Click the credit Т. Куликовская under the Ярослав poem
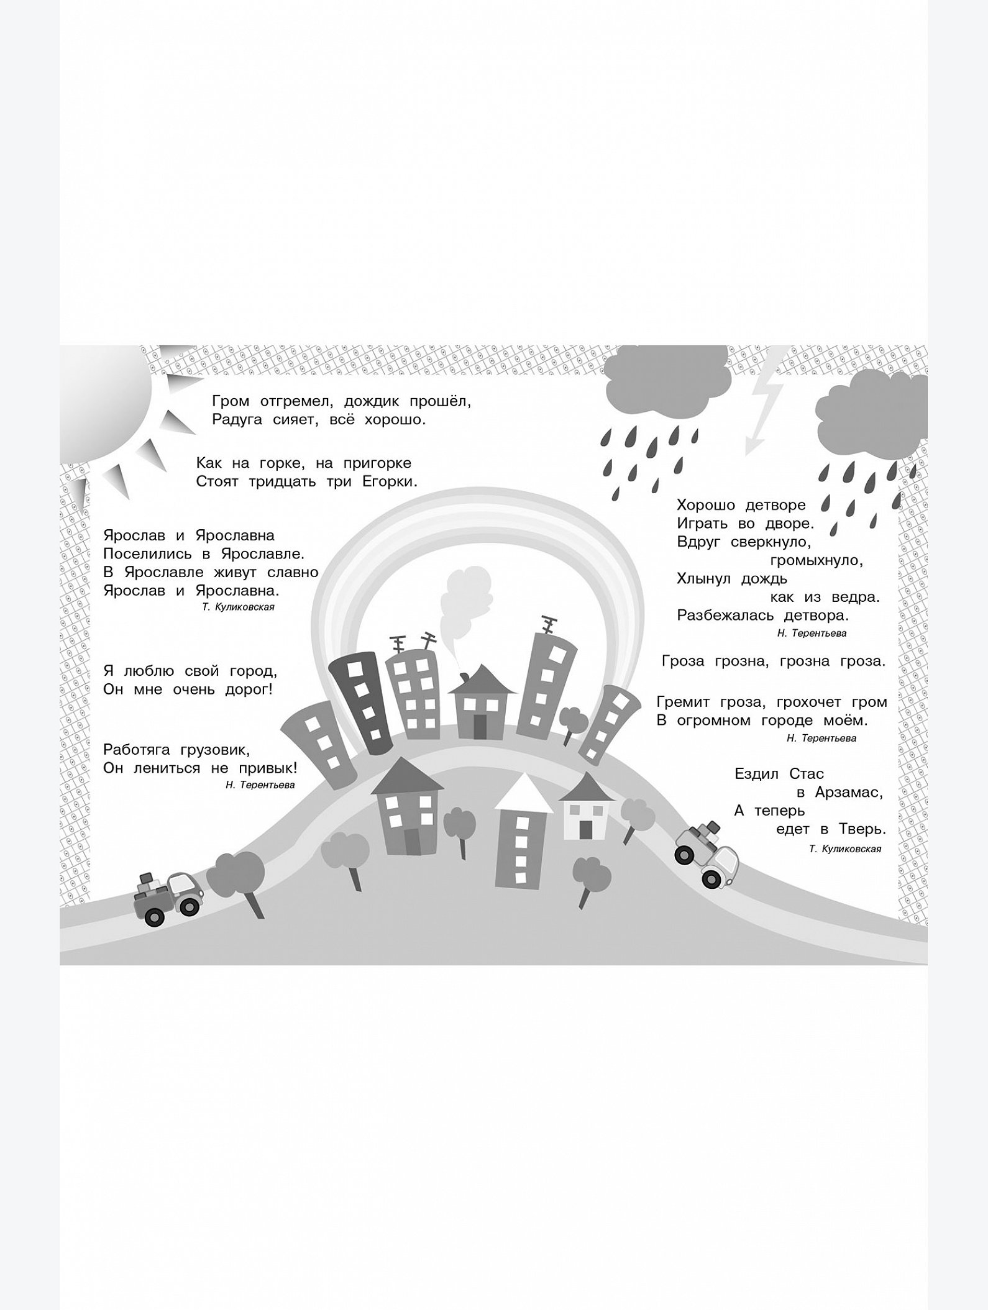click(x=238, y=607)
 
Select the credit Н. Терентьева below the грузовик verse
click(x=260, y=785)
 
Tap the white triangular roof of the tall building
click(x=524, y=793)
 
